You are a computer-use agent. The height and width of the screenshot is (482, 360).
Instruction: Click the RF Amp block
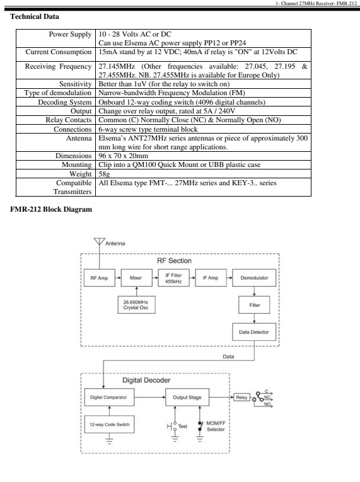pos(100,278)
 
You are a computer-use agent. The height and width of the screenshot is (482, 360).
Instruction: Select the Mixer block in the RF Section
pos(137,278)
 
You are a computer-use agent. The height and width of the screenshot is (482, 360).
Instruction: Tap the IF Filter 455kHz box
pos(173,278)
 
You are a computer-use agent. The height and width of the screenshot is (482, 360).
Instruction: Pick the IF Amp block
pos(211,278)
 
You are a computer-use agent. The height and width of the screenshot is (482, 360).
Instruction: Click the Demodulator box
pos(254,278)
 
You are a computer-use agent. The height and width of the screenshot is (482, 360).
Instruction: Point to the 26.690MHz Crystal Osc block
pos(137,304)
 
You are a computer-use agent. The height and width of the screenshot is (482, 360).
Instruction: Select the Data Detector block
pos(254,332)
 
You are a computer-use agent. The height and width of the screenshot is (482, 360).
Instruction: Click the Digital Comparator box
pos(109,397)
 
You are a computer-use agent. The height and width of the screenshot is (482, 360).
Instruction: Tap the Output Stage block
pos(187,397)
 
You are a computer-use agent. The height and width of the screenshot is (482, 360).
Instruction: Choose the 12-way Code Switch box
pos(109,424)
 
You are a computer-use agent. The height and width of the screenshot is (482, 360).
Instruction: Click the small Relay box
pos(242,397)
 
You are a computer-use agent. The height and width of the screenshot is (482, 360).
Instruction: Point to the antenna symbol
pos(99,241)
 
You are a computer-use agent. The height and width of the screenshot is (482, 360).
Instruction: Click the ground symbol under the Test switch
pos(175,439)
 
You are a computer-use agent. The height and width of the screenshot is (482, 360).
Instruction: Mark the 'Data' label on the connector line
pos(228,357)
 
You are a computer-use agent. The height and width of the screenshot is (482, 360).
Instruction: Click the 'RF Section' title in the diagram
pos(174,261)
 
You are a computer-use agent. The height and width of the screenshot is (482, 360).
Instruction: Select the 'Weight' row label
pos(81,174)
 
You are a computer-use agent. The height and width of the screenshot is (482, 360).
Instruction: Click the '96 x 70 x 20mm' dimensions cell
pos(124,156)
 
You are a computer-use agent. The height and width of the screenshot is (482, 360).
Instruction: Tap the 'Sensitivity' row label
pos(76,84)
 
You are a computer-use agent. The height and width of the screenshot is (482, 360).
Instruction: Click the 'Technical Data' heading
pos(35,16)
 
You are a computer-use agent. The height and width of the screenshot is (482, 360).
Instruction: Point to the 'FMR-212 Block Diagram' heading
pos(51,209)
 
